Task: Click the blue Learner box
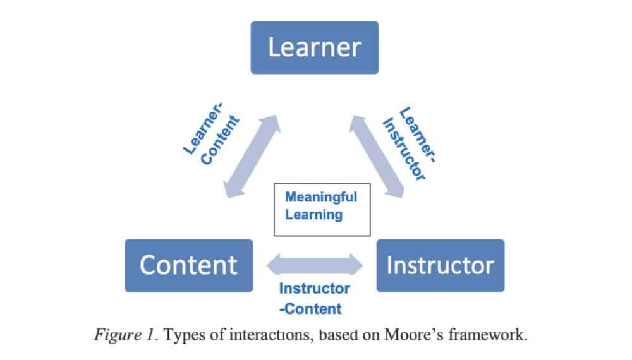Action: pos(314,48)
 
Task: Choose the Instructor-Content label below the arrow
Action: pos(314,299)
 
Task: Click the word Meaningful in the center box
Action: pos(321,196)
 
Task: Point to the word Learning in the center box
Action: pos(313,215)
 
